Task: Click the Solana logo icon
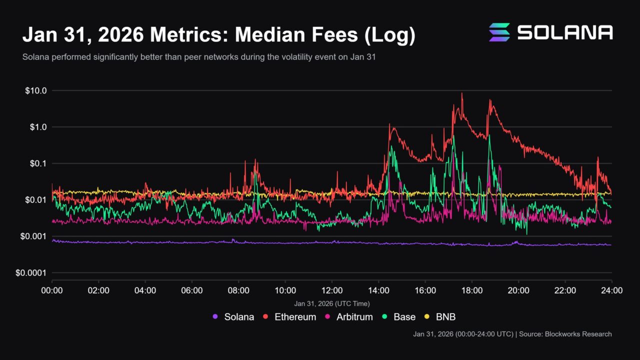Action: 499,32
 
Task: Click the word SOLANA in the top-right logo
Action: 564,32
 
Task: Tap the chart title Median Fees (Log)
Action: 218,35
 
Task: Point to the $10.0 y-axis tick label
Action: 35,91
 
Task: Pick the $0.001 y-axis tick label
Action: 33,236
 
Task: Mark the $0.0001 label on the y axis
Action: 31,273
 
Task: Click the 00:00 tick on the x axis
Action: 52,290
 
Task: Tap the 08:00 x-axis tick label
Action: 238,290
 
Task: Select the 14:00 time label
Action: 378,290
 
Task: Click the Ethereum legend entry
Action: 289,317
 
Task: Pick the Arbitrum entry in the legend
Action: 349,317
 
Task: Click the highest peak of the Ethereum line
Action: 461,93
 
